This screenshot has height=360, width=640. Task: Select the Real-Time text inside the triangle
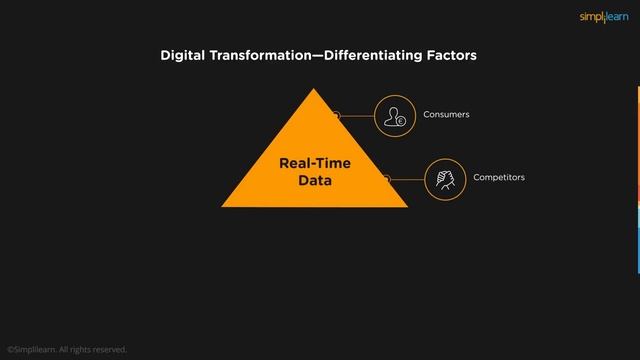(x=315, y=163)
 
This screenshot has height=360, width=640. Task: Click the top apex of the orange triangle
(x=315, y=89)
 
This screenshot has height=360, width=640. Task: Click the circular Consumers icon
(x=394, y=116)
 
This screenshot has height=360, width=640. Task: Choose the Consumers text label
(x=446, y=115)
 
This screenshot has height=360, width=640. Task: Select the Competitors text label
(x=498, y=177)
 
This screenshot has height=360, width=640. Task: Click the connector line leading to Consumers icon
(x=357, y=116)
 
